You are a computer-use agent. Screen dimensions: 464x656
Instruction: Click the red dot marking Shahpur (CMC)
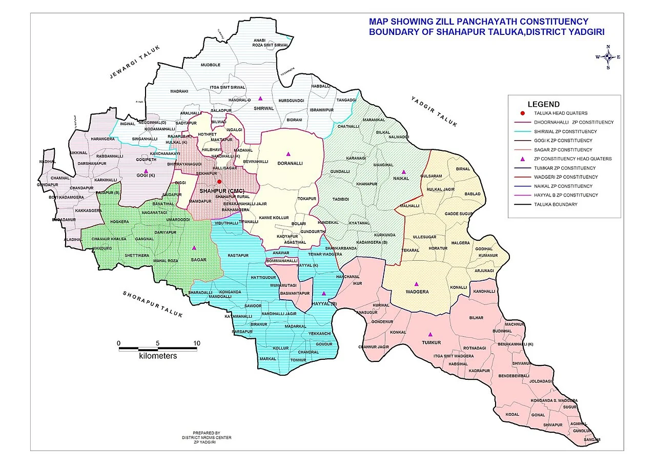click(x=219, y=182)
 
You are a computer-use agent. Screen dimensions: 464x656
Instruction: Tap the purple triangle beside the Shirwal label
click(x=260, y=98)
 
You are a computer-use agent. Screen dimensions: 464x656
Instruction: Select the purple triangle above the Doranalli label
click(x=288, y=153)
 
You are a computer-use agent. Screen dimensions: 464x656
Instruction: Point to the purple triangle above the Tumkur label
click(x=430, y=334)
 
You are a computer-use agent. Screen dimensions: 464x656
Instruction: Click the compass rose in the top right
click(x=608, y=57)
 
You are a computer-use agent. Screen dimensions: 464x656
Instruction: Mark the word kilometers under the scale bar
click(x=157, y=356)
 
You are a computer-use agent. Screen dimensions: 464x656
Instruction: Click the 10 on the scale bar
click(x=196, y=343)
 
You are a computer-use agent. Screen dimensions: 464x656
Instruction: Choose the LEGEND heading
click(x=543, y=104)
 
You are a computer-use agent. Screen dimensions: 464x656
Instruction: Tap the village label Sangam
click(x=591, y=440)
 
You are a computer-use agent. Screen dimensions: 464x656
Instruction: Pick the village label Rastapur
click(x=238, y=255)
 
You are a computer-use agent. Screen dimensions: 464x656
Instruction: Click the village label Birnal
click(x=463, y=168)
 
